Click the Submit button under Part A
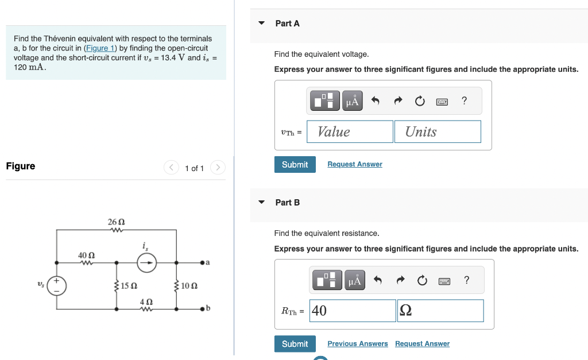[x=295, y=165]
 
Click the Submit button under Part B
[x=295, y=344]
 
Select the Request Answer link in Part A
[x=354, y=164]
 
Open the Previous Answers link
[x=357, y=344]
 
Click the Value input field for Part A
[x=350, y=131]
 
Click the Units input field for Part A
[x=437, y=131]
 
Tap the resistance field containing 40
[x=353, y=311]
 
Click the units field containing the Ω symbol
[x=440, y=311]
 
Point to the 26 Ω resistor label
[x=116, y=222]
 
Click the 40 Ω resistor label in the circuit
[x=86, y=255]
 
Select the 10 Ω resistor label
[x=189, y=285]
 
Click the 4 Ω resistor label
[x=146, y=301]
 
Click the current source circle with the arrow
[x=146, y=263]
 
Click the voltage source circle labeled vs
[x=57, y=285]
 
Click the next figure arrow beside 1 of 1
[x=218, y=168]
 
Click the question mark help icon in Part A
[x=464, y=102]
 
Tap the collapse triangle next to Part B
[x=262, y=203]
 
